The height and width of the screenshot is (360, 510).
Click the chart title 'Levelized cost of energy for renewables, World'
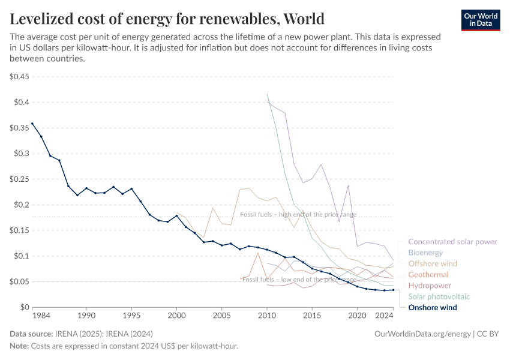[x=167, y=19]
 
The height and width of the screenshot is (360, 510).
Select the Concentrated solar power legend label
[x=452, y=242]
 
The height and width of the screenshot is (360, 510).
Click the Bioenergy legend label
[x=425, y=253]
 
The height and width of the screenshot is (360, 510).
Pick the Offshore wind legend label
[x=432, y=263]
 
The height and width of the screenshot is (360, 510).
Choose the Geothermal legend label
[x=428, y=275]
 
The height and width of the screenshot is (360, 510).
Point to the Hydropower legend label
[x=430, y=286]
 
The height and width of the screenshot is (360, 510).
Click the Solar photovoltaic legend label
[x=439, y=296]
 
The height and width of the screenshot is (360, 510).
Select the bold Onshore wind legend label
[x=432, y=308]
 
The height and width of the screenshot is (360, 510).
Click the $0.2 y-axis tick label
[x=22, y=205]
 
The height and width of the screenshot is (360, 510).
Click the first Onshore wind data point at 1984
[x=32, y=124]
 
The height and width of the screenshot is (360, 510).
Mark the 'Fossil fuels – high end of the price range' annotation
[x=298, y=214]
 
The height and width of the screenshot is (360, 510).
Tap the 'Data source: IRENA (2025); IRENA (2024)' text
[x=81, y=334]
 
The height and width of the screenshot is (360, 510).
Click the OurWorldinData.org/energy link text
[x=422, y=334]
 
